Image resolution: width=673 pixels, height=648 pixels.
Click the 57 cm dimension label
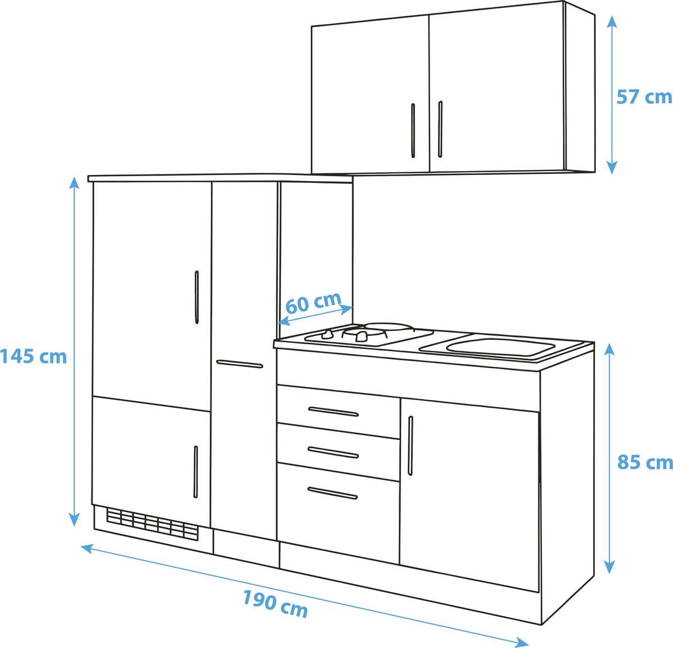[x=644, y=97]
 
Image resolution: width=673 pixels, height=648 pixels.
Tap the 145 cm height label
[x=34, y=356]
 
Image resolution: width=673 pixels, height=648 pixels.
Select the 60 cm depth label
[x=314, y=302]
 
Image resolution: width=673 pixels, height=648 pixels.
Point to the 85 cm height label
[x=644, y=462]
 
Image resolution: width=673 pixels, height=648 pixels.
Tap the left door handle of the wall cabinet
[x=413, y=131]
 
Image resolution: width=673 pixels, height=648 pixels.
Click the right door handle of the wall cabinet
[x=440, y=129]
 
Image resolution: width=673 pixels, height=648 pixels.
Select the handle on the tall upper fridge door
[x=197, y=297]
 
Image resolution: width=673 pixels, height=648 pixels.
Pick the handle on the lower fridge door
[x=196, y=472]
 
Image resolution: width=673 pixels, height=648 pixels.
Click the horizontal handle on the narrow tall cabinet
[x=239, y=364]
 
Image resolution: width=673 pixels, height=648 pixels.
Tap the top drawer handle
[x=333, y=412]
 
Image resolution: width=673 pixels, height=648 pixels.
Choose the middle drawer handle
[x=333, y=453]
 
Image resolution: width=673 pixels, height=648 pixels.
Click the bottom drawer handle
[x=333, y=494]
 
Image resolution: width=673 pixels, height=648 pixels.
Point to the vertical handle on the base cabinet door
[x=411, y=445]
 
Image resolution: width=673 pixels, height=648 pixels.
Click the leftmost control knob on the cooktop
[x=328, y=334]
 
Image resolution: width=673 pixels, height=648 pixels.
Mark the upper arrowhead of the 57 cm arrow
[x=612, y=21]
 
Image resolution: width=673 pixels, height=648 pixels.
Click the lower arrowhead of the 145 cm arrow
[x=75, y=520]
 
